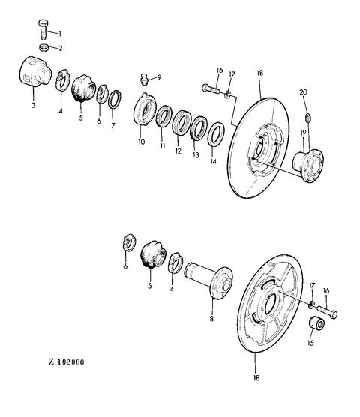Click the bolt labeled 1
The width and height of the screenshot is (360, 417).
click(x=43, y=29)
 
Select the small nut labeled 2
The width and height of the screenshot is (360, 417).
click(x=43, y=47)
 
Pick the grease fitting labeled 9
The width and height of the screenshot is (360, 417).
click(x=144, y=79)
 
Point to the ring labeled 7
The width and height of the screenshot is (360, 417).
click(x=115, y=99)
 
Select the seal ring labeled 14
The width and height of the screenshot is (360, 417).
click(x=216, y=134)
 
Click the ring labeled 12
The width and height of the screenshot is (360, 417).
click(x=181, y=122)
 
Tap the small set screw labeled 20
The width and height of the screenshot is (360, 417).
click(x=308, y=117)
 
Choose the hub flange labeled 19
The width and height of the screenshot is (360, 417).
click(x=308, y=166)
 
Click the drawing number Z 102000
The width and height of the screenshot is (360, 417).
click(x=67, y=362)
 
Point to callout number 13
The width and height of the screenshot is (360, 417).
click(x=196, y=155)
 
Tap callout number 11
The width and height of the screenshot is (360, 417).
click(x=163, y=146)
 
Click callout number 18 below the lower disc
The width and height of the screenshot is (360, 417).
click(x=256, y=377)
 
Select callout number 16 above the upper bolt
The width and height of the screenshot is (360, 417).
click(x=220, y=70)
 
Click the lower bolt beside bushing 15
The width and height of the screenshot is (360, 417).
click(x=326, y=311)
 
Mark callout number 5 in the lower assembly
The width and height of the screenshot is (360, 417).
click(x=150, y=286)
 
